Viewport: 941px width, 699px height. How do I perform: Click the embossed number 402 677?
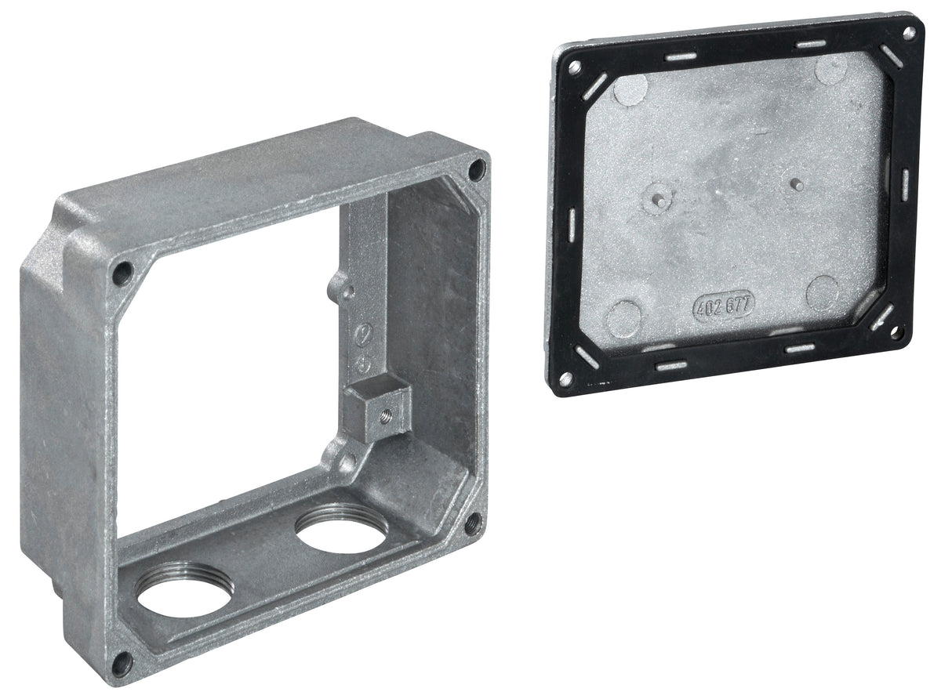tap(724, 306)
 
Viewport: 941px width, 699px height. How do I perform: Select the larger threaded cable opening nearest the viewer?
tap(184, 589)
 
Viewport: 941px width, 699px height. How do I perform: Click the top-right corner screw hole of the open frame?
tap(477, 170)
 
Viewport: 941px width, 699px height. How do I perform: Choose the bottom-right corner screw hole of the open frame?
tap(474, 525)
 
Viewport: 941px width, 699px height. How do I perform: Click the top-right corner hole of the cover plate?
tap(909, 33)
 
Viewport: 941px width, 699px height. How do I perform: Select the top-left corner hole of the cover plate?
tap(575, 67)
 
